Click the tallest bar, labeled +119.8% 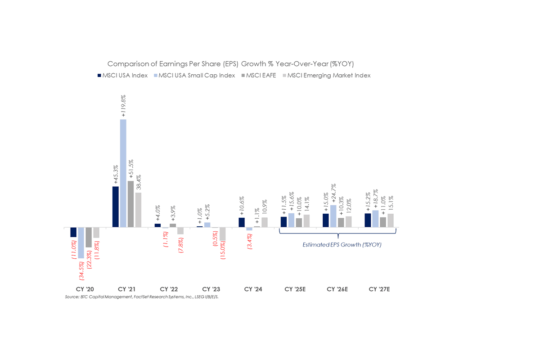click(x=123, y=173)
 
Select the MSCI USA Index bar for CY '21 click(x=115, y=207)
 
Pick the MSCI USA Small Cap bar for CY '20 click(x=81, y=243)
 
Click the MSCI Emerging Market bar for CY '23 click(x=222, y=234)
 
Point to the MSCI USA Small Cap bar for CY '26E click(x=333, y=216)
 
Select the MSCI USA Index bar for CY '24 click(x=242, y=222)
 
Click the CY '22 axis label click(x=169, y=289)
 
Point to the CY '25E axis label click(x=295, y=289)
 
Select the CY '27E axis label click(x=379, y=289)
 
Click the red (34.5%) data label click(x=81, y=272)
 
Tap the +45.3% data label click(x=116, y=174)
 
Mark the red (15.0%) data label click(x=222, y=255)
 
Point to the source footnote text click(x=144, y=297)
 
